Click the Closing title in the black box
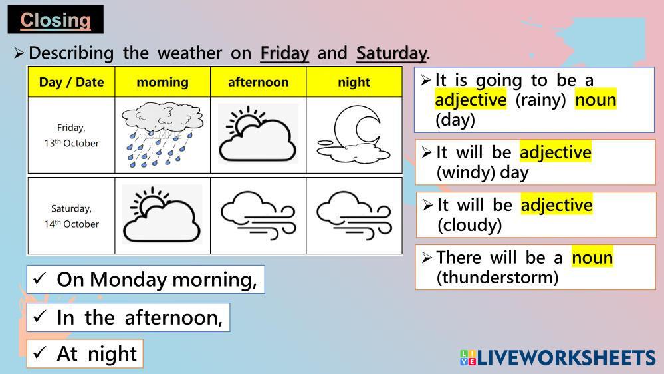[55, 20]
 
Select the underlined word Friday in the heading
[284, 53]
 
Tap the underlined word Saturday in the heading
[391, 53]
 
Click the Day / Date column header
[71, 82]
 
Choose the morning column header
[163, 83]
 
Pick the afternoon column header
[259, 82]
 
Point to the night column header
[354, 83]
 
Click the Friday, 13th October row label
[71, 135]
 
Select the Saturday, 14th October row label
[71, 216]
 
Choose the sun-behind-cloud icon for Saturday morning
[162, 214]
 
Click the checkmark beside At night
[40, 352]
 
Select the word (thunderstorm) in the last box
[498, 278]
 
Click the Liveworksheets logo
[558, 358]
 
